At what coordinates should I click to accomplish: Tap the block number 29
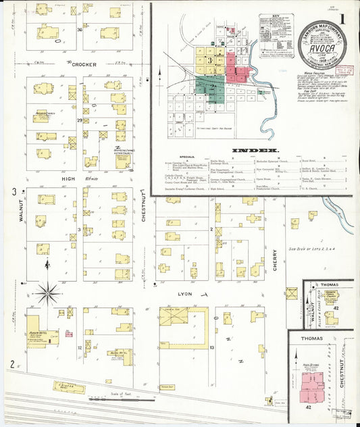tap(79, 120)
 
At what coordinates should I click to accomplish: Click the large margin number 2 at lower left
tap(11, 364)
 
